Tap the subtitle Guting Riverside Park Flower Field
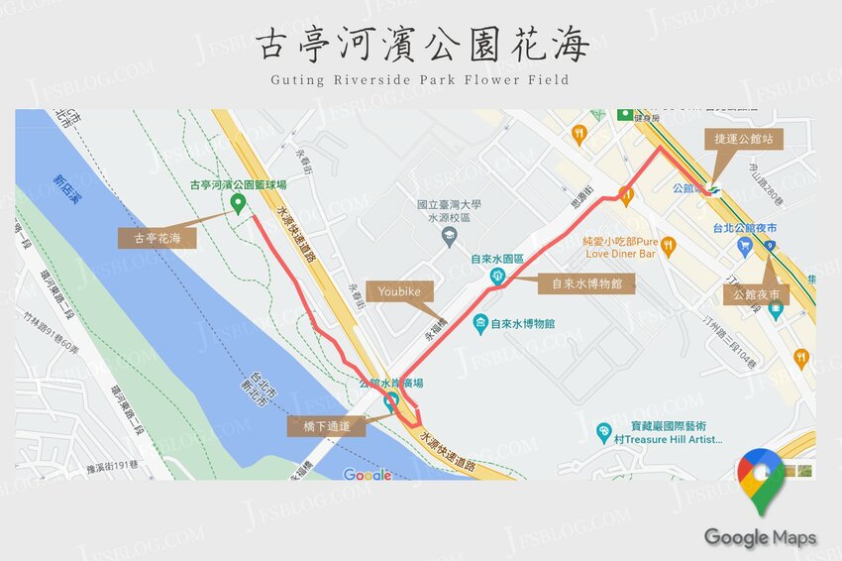(x=420, y=79)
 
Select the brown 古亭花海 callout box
(x=157, y=238)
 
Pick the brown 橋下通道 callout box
(x=326, y=426)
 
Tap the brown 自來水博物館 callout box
(x=586, y=283)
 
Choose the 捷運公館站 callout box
(x=744, y=139)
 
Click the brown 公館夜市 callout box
(x=756, y=295)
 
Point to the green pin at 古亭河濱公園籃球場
(x=238, y=203)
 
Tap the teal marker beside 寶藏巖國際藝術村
(x=603, y=432)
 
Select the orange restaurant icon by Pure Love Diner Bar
(x=669, y=244)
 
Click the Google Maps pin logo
(x=760, y=480)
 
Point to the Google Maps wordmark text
(x=760, y=537)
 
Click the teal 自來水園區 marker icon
(x=496, y=276)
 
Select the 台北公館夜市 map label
(x=744, y=227)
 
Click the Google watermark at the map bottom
(x=368, y=475)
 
